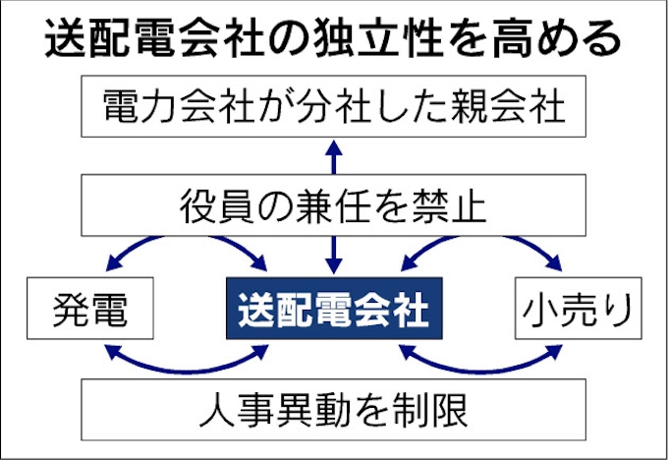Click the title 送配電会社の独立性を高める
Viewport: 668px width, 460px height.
334,39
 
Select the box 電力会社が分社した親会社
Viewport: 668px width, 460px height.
334,105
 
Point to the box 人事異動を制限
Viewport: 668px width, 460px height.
334,408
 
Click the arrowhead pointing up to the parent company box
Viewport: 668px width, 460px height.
334,148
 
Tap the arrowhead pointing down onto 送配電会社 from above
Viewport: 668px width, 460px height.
334,265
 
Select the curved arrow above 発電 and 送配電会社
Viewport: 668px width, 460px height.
187,239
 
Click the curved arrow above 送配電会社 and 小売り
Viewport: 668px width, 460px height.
481,239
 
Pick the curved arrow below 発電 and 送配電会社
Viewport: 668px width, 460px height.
187,365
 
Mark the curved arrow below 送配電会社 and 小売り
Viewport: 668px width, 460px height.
481,365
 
